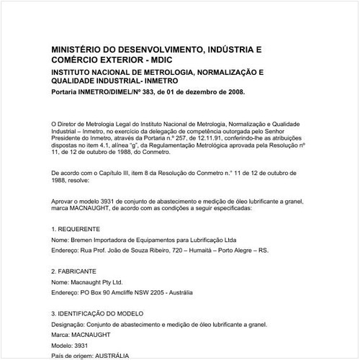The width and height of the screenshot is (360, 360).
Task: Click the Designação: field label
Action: pos(71,325)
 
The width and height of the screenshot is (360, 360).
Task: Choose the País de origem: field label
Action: pos(74,356)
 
